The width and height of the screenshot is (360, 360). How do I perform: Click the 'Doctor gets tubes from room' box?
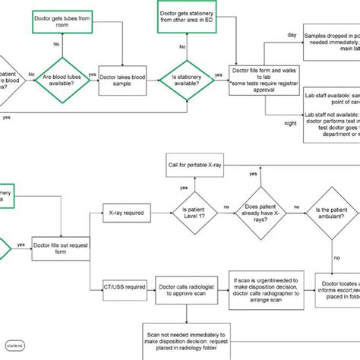point(63,19)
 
